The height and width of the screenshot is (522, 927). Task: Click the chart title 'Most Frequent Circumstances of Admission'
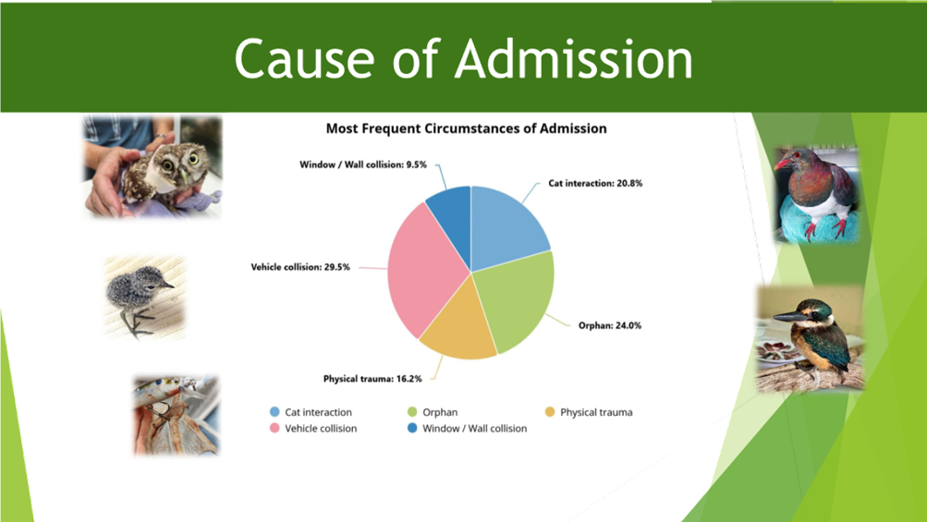pos(466,128)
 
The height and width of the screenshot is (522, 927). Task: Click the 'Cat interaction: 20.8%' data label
pos(595,184)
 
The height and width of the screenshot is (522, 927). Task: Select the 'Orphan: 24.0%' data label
pos(610,325)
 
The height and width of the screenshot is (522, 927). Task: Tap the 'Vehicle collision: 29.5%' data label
pos(299,267)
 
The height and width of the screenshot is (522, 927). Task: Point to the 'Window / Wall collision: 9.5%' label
pos(362,164)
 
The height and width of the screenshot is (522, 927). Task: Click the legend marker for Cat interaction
pos(274,412)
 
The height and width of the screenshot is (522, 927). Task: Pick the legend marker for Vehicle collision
pos(274,429)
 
